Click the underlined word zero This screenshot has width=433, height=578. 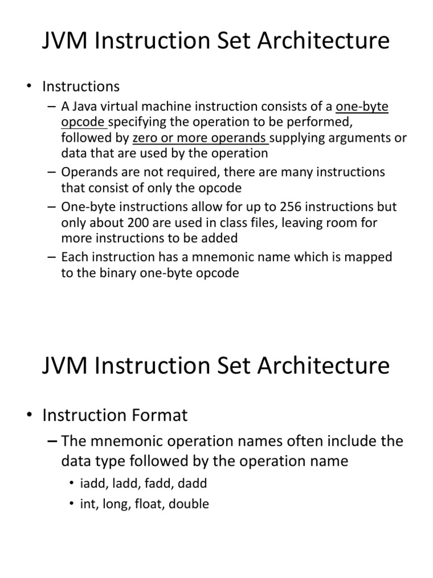(146, 138)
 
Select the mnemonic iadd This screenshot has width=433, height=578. (92, 483)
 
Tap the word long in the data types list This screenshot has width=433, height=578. (117, 504)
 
